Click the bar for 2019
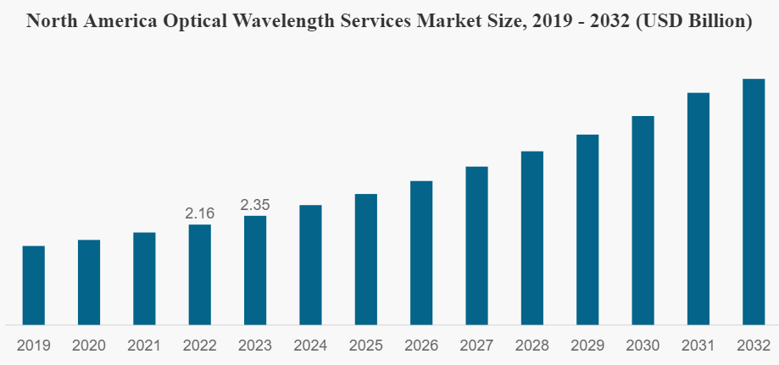coord(34,285)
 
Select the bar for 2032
coord(754,202)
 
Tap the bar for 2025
coord(366,259)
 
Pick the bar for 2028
coord(531,238)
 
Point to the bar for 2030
coord(643,220)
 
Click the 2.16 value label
coord(200,213)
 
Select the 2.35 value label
coord(255,205)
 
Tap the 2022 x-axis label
coord(200,346)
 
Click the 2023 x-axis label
coord(255,346)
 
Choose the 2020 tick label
coord(89,346)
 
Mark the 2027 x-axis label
coord(476,346)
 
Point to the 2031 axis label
coord(698,346)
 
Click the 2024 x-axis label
coord(310,346)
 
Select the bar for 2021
coord(144,279)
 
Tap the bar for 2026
coord(421,252)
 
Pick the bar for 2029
coord(587,230)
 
